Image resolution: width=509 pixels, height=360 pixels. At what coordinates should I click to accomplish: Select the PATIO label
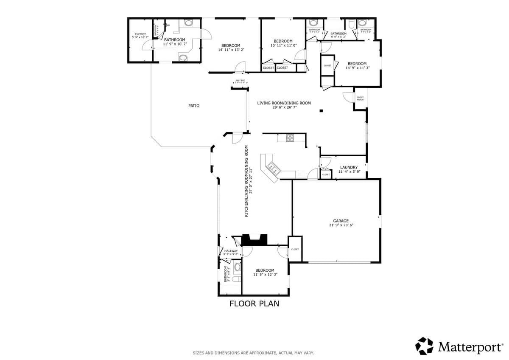coord(194,106)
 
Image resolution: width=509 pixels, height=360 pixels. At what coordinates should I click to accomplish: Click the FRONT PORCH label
coord(360,98)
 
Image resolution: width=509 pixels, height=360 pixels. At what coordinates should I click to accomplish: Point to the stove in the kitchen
coord(290,138)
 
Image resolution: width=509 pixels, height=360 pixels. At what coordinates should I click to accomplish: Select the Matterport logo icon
coord(424,346)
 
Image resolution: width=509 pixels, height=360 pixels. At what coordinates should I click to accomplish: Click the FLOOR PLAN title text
coord(254,304)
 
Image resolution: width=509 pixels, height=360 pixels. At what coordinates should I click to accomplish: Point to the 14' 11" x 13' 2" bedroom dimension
coord(231,50)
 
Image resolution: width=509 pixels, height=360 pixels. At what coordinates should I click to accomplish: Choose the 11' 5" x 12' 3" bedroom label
coord(265,273)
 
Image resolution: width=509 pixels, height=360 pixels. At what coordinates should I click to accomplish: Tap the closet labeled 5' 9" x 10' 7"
coord(140,36)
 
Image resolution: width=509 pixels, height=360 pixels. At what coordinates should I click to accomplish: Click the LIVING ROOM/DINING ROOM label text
coord(284,105)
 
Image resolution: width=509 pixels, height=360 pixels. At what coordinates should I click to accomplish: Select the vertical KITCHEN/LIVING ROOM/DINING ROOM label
coord(248,181)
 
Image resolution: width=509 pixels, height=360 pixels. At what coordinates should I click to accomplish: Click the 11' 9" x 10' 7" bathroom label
coord(175,42)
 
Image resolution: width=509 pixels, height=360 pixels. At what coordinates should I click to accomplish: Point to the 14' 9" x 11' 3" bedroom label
coord(357,66)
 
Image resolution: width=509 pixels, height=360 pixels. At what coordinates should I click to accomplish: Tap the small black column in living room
coord(321,111)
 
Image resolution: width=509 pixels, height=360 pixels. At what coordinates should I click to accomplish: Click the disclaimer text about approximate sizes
coord(253,353)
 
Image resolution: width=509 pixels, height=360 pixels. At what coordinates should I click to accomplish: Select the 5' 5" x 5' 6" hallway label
coord(231,252)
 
